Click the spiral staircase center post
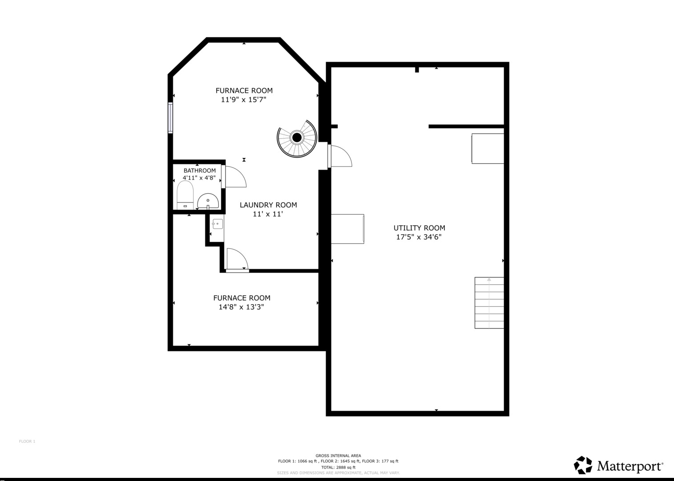[x=297, y=138]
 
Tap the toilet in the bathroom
[x=185, y=195]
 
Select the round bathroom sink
[x=208, y=201]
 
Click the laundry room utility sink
[x=217, y=224]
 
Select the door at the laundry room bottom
[x=237, y=260]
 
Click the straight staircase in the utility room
[x=489, y=303]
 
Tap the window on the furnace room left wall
[x=170, y=118]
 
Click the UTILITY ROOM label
[x=419, y=228]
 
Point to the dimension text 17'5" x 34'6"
[x=419, y=237]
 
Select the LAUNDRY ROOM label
[x=268, y=205]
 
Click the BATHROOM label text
[x=200, y=171]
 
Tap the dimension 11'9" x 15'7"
[x=243, y=100]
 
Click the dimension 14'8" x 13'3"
[x=241, y=307]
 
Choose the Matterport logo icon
[x=583, y=465]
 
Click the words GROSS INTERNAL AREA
[x=338, y=456]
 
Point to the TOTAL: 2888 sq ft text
[x=338, y=467]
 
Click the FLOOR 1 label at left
[x=27, y=441]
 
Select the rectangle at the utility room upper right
[x=488, y=148]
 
